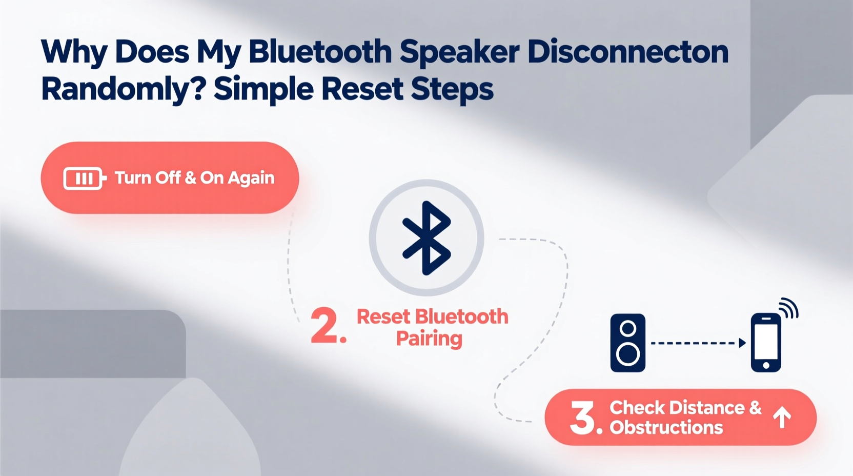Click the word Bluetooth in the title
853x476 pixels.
click(x=320, y=52)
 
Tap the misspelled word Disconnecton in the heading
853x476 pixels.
click(x=627, y=52)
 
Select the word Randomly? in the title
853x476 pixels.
click(x=123, y=89)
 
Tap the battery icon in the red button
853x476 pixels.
click(x=84, y=179)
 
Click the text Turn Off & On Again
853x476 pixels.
click(x=194, y=178)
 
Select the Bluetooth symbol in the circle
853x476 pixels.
click(x=426, y=237)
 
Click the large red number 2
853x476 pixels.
click(x=325, y=325)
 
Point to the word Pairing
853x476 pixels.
click(x=429, y=339)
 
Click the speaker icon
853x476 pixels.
click(x=627, y=343)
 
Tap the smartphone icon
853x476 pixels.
click(x=766, y=343)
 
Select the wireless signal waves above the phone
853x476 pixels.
click(x=788, y=308)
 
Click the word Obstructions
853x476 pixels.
click(x=666, y=427)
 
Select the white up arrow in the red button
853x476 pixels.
click(x=782, y=418)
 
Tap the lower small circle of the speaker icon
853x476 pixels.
click(x=627, y=354)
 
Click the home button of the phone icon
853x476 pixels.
click(x=766, y=365)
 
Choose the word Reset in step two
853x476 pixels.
click(x=383, y=317)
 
